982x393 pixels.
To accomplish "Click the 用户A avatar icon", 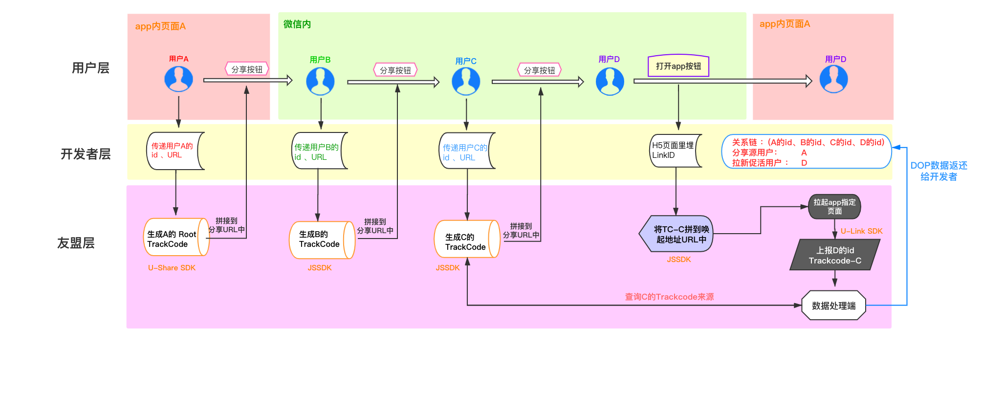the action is (178, 79).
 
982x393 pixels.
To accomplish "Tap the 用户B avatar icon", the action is (320, 81).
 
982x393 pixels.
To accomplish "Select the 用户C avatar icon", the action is (466, 81).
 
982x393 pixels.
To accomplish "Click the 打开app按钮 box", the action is (678, 66).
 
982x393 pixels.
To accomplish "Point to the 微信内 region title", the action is (297, 24).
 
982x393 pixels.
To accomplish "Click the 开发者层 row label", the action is (86, 154).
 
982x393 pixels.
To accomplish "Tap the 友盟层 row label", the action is (76, 243).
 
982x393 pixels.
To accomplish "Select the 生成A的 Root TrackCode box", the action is (176, 237).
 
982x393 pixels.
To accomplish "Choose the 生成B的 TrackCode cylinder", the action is (322, 240).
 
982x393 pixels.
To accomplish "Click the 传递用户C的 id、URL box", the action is (467, 151).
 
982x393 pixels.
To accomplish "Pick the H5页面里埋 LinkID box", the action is (676, 151).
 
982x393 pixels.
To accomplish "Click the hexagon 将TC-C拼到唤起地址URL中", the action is (676, 234).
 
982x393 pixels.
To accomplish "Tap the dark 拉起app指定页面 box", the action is (834, 206).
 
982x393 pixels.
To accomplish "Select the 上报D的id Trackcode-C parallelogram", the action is (835, 255).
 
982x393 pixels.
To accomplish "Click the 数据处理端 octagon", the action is (834, 306).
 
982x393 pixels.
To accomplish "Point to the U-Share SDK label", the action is (172, 268).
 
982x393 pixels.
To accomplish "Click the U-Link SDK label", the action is (862, 231).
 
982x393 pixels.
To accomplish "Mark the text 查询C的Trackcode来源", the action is (669, 297).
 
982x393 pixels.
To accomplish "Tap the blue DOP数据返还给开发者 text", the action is (938, 171).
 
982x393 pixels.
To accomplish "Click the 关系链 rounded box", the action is (807, 152).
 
